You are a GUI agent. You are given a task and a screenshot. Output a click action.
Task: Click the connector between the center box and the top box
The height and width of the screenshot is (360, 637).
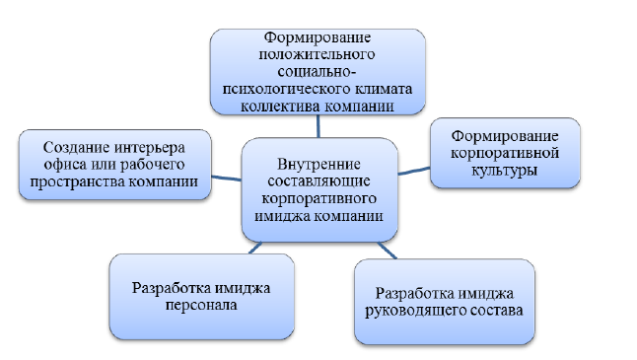pyautogui.click(x=318, y=126)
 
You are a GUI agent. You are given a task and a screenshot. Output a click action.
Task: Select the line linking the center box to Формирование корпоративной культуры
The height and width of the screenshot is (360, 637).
pyautogui.click(x=414, y=171)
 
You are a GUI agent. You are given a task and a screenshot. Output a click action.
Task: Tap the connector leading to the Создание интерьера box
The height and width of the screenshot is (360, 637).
pyautogui.click(x=226, y=178)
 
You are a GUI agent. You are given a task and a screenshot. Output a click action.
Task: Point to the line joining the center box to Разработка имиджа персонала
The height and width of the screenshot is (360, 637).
pyautogui.click(x=255, y=248)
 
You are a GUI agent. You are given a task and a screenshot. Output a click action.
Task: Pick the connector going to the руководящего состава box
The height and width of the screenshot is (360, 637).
pyautogui.click(x=387, y=251)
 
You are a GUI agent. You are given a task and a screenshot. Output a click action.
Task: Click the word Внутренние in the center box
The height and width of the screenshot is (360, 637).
pyautogui.click(x=318, y=164)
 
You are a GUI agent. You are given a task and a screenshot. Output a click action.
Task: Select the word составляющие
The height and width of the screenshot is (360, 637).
pyautogui.click(x=318, y=181)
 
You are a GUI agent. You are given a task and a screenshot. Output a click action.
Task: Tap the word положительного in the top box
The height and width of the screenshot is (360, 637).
pyautogui.click(x=317, y=54)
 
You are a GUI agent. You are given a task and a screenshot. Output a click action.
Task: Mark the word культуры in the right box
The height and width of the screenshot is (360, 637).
pyautogui.click(x=505, y=171)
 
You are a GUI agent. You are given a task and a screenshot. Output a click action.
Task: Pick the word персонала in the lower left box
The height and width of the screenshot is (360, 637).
pyautogui.click(x=201, y=306)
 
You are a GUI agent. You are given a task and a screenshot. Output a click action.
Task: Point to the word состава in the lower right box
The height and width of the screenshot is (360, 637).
pyautogui.click(x=497, y=311)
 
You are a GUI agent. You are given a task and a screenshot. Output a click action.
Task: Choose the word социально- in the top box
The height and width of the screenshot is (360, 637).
pyautogui.click(x=318, y=72)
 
